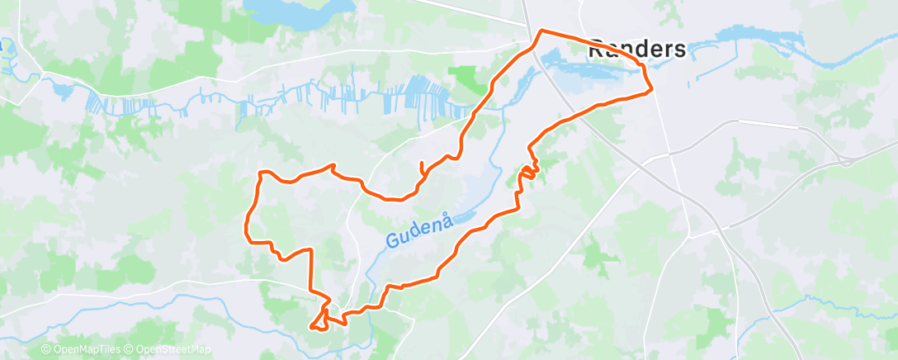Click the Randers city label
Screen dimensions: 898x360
click(x=636, y=50)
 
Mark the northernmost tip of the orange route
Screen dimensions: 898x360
click(x=541, y=31)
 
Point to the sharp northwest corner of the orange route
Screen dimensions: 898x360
click(x=262, y=173)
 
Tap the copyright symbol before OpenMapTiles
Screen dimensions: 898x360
click(x=46, y=350)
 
